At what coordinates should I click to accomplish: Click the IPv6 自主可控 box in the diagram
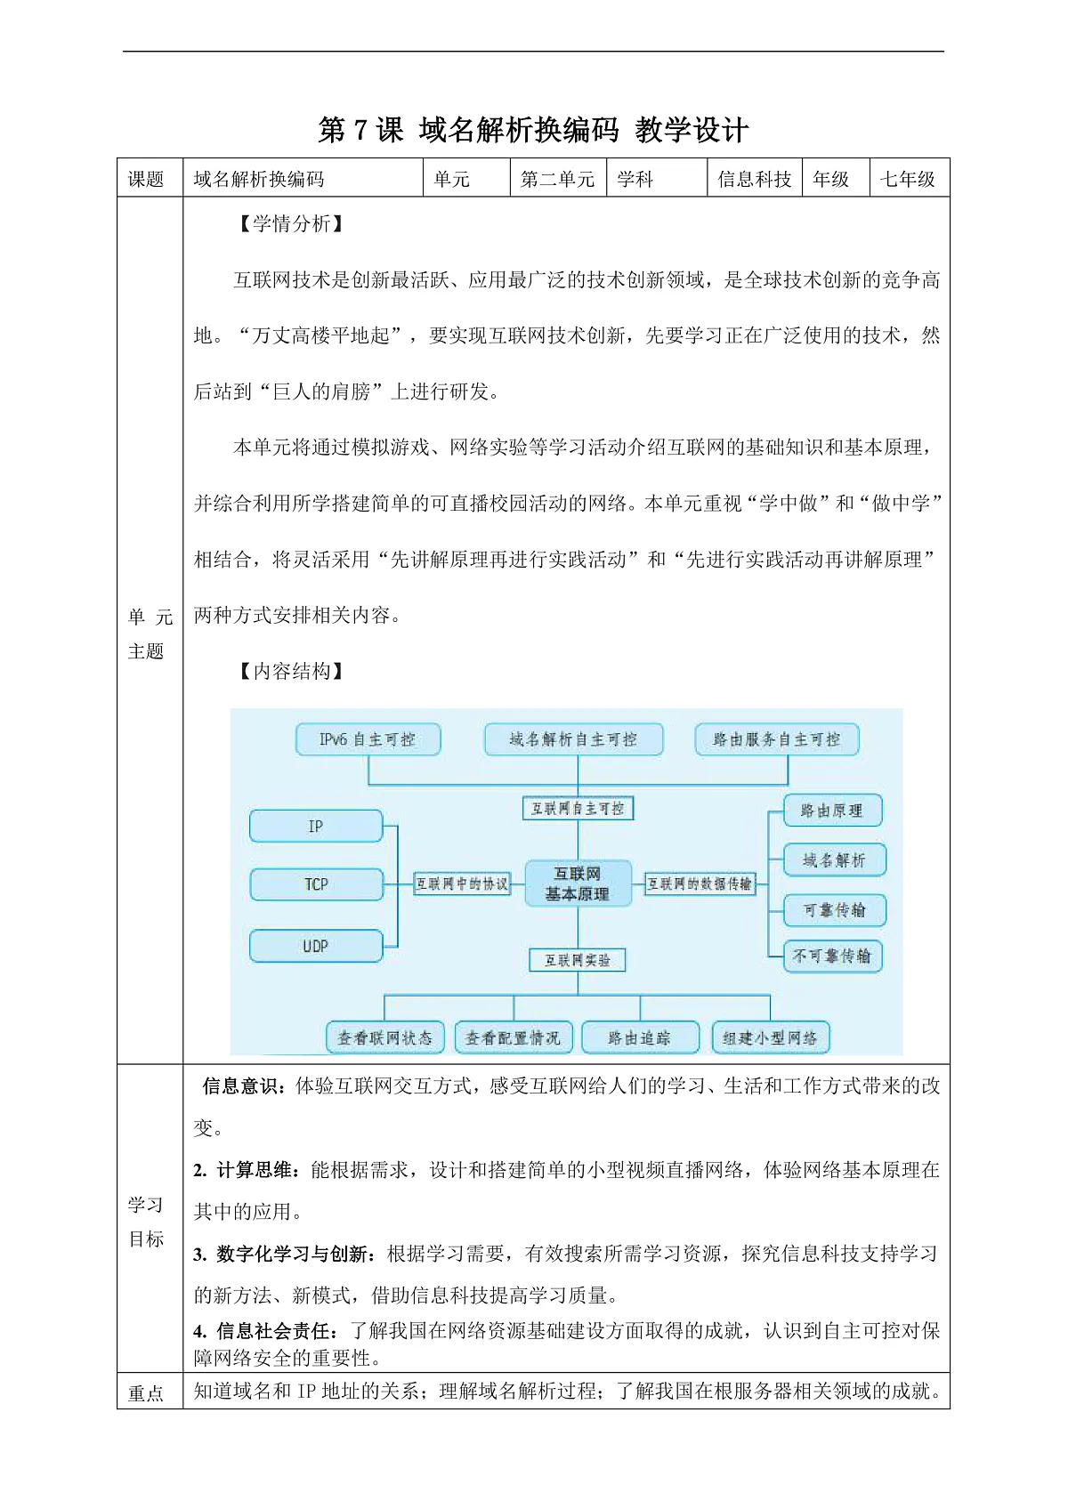pos(368,739)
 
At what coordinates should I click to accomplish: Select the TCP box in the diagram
pos(316,884)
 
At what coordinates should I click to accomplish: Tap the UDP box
pos(316,946)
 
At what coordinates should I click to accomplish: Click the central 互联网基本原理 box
pos(578,884)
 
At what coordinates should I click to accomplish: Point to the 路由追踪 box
pos(639,1037)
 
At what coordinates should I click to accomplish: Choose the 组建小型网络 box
pos(770,1037)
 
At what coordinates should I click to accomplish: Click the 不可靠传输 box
pos(833,956)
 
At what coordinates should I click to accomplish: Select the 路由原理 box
pos(833,811)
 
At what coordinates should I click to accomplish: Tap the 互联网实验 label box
pos(578,960)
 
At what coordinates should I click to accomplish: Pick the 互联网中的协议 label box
pos(462,884)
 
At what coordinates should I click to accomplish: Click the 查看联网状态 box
pos(384,1037)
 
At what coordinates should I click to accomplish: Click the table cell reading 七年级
pos(908,179)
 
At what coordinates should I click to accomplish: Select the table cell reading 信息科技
pos(755,179)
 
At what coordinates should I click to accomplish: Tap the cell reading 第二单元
pos(558,179)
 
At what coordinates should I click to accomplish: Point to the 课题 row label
pos(146,179)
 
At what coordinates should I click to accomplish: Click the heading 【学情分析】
pos(291,223)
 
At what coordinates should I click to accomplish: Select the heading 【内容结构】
pos(291,670)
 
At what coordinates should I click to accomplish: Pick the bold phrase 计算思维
pos(255,1169)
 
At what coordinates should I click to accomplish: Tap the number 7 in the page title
pos(360,130)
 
